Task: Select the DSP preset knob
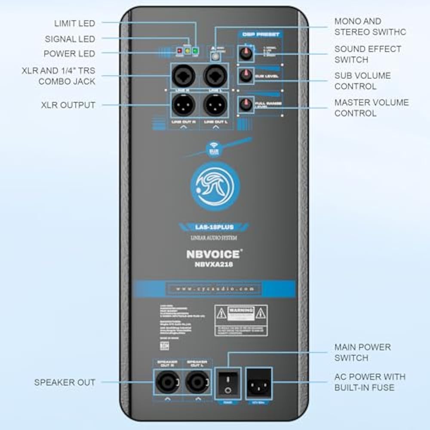point(246,54)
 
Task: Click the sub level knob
point(246,76)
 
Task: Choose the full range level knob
point(246,104)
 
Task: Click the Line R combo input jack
point(183,77)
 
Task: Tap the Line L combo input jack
point(215,77)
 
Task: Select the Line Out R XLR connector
point(183,104)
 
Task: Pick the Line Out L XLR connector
point(215,104)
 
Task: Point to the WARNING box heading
point(241,310)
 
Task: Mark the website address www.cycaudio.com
point(215,289)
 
